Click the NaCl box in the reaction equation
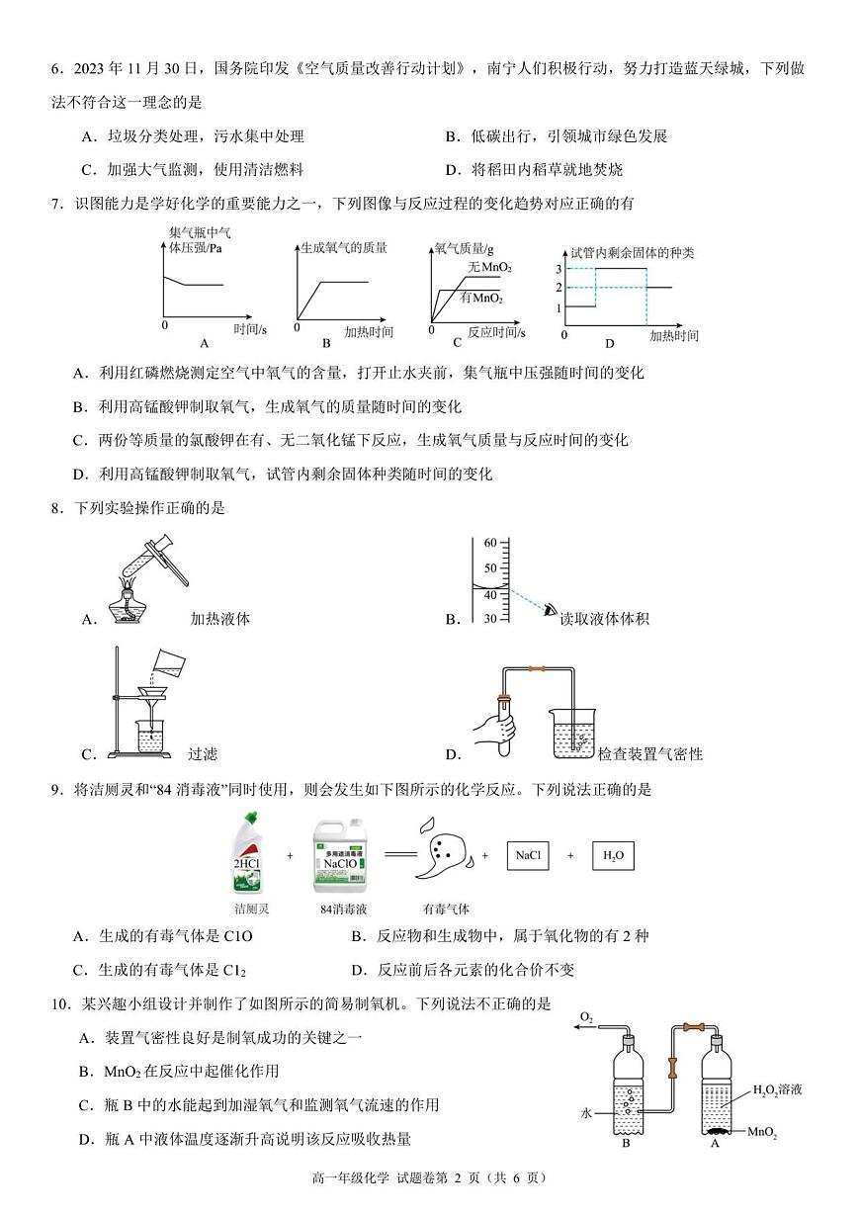[527, 856]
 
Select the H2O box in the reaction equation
[613, 856]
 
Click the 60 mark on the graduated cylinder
[489, 543]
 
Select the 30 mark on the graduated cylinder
[489, 619]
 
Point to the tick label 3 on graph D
[559, 269]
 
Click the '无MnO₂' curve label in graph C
[489, 268]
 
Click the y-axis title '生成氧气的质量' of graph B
[343, 248]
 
